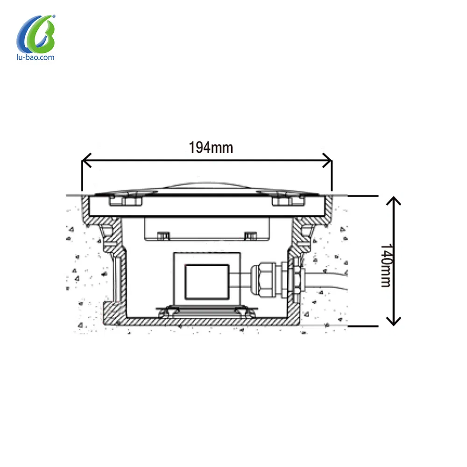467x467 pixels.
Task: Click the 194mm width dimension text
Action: pos(211,148)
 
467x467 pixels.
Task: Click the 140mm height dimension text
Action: pos(385,265)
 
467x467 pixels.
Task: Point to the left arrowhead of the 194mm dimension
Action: pos(85,162)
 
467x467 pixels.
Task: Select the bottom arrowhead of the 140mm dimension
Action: pos(395,321)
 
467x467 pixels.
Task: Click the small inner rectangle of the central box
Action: pos(207,282)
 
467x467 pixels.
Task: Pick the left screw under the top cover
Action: pos(125,200)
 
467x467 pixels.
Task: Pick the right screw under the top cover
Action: pos(286,200)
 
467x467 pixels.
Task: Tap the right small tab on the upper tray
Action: pos(250,235)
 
